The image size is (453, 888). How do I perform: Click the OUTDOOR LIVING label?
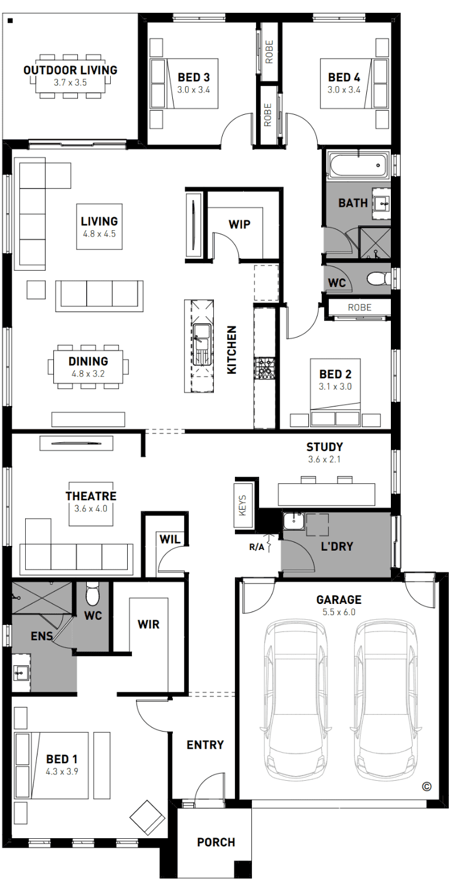[70, 70]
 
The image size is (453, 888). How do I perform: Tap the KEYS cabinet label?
[243, 506]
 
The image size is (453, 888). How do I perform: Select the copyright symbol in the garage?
[427, 787]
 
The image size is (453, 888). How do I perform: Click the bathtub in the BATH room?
[357, 165]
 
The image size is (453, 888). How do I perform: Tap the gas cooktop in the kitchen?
[264, 367]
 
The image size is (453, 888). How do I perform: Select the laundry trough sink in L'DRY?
[294, 521]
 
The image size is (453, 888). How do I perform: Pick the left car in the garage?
[296, 700]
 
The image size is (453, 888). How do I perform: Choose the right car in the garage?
[386, 700]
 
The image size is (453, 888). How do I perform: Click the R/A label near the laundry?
[256, 547]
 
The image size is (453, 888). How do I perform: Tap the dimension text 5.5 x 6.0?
[339, 612]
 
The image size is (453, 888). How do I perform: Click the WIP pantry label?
[239, 224]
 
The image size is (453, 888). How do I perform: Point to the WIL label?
[170, 539]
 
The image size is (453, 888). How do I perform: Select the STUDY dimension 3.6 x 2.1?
[324, 459]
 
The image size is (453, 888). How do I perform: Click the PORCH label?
[216, 842]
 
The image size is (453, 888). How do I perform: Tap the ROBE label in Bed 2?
[359, 308]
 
